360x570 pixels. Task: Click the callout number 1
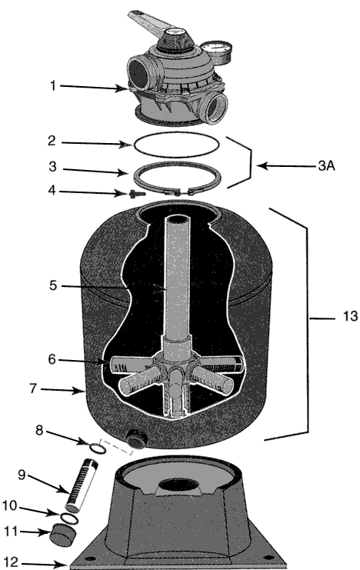point(53,86)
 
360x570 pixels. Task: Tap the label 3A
point(327,165)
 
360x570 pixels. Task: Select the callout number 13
point(350,316)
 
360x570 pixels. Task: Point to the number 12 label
point(11,562)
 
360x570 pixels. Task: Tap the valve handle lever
point(149,25)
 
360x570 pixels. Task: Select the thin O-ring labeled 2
point(177,145)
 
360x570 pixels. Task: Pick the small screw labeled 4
point(132,194)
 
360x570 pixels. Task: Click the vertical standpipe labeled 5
point(177,276)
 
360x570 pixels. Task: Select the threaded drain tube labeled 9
point(81,485)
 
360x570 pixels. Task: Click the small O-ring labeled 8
point(98,448)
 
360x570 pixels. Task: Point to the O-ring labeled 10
point(68,518)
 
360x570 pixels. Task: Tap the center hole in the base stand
point(179,485)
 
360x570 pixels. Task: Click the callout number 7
point(33,388)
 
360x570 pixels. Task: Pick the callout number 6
point(52,359)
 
